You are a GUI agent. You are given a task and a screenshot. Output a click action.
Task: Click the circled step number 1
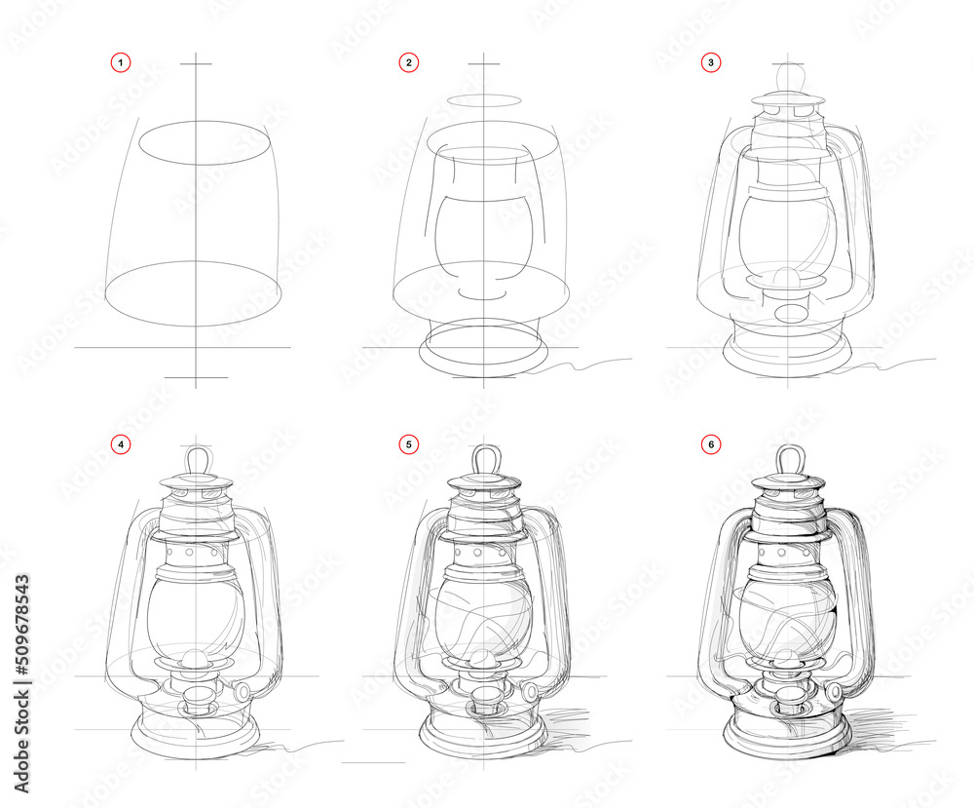click(120, 63)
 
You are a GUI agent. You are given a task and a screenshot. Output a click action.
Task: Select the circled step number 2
click(409, 63)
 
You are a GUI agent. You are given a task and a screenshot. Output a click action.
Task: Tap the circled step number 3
click(712, 63)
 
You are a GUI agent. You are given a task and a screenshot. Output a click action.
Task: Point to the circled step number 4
click(120, 444)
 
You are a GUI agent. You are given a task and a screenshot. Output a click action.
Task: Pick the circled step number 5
click(409, 444)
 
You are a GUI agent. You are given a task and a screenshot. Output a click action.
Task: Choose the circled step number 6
click(712, 444)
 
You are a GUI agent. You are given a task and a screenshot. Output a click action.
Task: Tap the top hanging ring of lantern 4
click(198, 458)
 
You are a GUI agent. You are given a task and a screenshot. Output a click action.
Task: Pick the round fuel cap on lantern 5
click(532, 691)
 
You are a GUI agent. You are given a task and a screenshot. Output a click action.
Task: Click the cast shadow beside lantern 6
click(881, 727)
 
